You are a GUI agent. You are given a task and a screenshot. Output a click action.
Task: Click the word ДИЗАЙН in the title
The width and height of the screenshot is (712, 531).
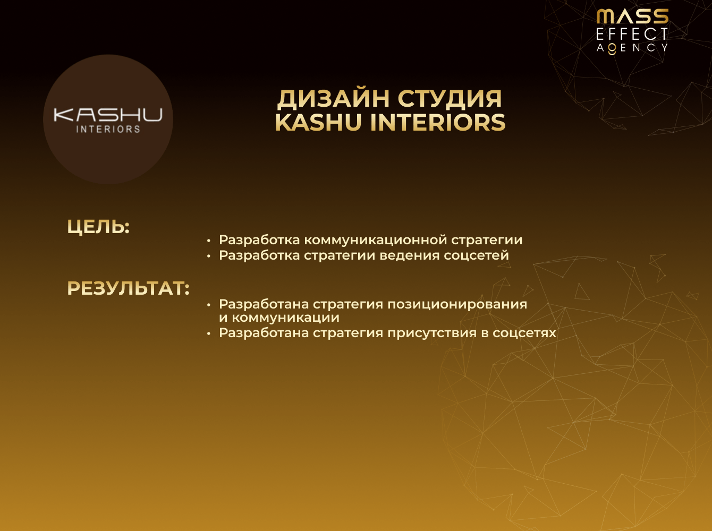point(334,99)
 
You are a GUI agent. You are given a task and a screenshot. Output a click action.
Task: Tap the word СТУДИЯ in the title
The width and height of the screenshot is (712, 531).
point(450,99)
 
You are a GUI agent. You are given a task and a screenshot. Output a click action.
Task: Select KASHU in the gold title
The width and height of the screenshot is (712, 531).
point(319,123)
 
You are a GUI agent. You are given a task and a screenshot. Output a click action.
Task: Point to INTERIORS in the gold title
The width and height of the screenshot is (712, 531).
point(438,123)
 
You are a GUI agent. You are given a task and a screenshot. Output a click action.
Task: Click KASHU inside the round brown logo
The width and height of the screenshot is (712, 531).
point(108,115)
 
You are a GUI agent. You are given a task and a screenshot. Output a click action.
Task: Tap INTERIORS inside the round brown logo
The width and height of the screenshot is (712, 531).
point(108,129)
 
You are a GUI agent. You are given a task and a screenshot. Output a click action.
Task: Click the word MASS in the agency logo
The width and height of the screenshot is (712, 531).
point(632,16)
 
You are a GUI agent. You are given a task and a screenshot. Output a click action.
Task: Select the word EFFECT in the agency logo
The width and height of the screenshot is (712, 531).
point(632,35)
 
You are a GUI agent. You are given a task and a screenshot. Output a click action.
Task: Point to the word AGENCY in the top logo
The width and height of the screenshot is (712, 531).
point(632,48)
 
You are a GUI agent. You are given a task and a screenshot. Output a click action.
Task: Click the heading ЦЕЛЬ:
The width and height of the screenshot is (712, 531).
point(98,227)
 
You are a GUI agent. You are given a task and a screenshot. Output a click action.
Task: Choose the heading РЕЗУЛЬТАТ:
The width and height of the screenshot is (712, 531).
point(128,288)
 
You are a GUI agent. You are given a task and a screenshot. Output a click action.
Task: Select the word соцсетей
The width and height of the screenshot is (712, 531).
point(477,255)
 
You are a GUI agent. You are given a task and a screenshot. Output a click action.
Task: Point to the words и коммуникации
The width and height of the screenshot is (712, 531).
point(279,318)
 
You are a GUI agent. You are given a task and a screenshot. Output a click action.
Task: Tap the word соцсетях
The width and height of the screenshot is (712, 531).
point(524,333)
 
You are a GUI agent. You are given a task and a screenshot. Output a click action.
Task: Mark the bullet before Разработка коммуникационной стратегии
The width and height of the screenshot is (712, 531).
point(209,241)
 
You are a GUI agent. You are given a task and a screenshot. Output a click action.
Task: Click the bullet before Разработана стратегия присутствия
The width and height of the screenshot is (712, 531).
point(209,333)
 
